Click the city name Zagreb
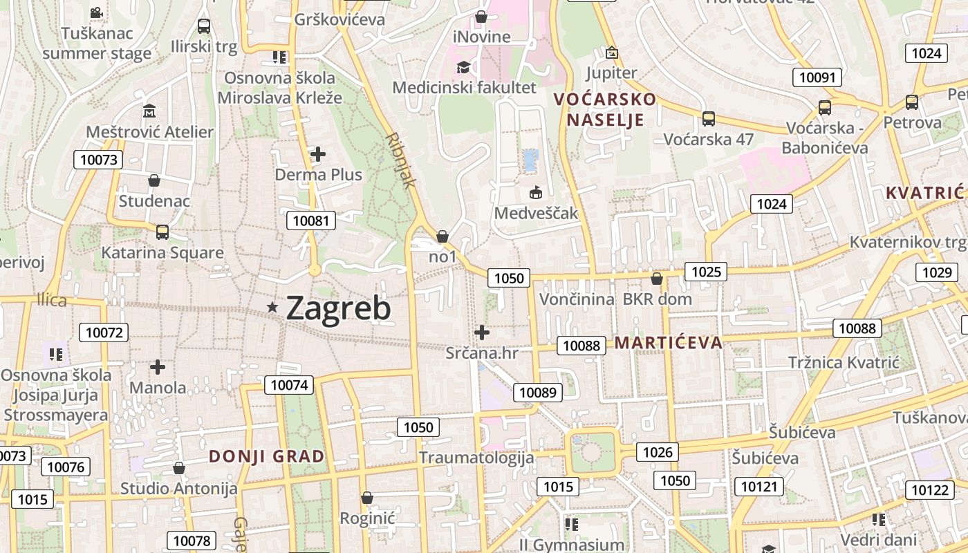(338, 308)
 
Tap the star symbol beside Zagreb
(273, 307)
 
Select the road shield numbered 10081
(311, 221)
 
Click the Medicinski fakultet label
(464, 88)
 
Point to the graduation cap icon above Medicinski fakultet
(463, 67)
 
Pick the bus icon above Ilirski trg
(203, 26)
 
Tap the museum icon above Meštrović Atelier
(149, 111)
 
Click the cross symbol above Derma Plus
(318, 154)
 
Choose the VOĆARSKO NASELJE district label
(605, 109)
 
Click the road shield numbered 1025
(706, 272)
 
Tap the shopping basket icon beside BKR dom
(657, 279)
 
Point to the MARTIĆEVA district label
(668, 342)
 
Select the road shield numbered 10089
(537, 393)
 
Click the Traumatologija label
(476, 458)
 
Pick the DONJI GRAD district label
(266, 456)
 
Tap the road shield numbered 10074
(290, 385)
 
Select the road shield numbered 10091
(817, 77)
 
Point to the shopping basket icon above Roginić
(367, 498)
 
